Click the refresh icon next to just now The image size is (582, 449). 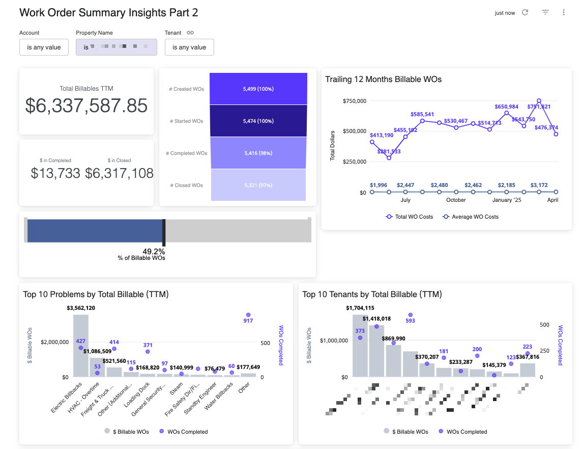(526, 13)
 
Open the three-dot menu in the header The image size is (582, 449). (564, 13)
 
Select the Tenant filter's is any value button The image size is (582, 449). (189, 47)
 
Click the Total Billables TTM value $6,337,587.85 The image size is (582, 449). (86, 105)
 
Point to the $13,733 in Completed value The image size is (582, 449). (55, 173)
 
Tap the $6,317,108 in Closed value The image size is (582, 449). (119, 173)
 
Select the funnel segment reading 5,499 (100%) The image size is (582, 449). (258, 89)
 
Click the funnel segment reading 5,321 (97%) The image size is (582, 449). (258, 185)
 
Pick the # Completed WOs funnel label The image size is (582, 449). (186, 153)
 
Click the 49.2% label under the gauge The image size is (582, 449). (153, 251)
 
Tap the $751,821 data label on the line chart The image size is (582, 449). (539, 107)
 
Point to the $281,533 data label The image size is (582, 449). (389, 151)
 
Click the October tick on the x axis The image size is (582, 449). (456, 200)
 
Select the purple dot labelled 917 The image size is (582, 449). (248, 315)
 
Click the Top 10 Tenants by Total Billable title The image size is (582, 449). (372, 294)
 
